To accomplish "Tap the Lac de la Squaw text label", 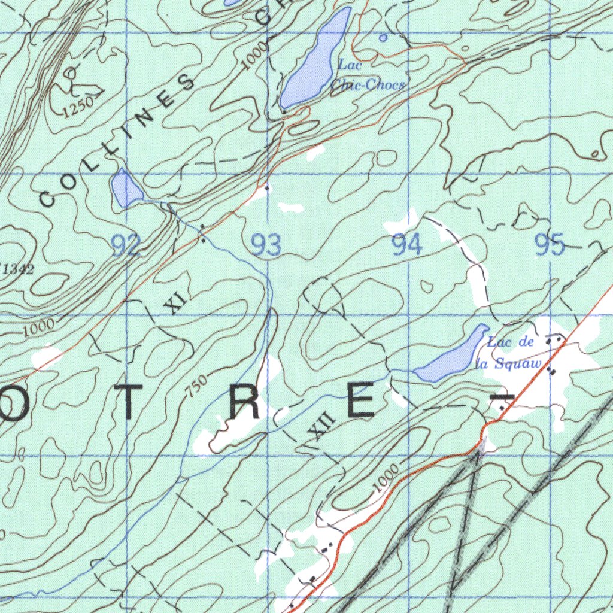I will point(510,353).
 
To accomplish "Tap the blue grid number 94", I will point(407,245).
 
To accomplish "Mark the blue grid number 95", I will point(550,245).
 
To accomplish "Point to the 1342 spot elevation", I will point(18,269).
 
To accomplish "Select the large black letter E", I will point(361,402).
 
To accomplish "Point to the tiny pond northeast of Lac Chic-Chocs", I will point(383,37).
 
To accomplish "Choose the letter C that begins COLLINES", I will point(47,197).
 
